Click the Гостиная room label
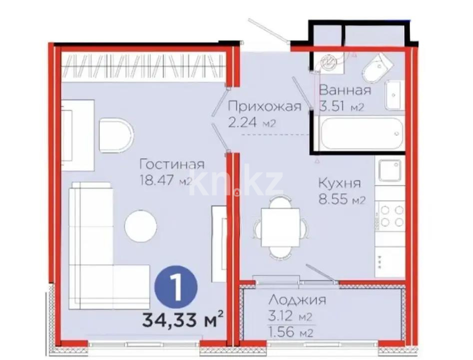[x=172, y=164]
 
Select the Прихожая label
[x=264, y=107]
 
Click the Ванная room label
[x=345, y=90]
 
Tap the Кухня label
[x=339, y=183]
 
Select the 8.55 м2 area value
[x=342, y=200]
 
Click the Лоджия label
[x=297, y=300]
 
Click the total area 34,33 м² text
[x=182, y=319]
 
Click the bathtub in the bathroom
[x=362, y=133]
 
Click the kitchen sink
[x=390, y=171]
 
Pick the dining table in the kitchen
[x=280, y=228]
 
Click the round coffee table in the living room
[x=140, y=226]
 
